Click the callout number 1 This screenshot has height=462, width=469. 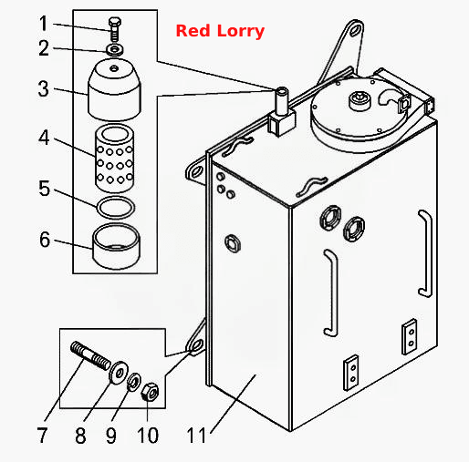click(x=44, y=24)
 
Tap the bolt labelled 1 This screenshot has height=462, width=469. click(x=115, y=29)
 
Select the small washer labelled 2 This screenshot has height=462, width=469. click(x=115, y=50)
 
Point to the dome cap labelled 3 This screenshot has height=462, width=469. click(x=114, y=89)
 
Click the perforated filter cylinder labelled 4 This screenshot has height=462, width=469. click(x=115, y=158)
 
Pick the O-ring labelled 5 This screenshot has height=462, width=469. click(x=116, y=208)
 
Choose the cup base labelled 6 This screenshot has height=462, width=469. click(x=116, y=246)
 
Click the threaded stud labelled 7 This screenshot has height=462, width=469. click(x=90, y=355)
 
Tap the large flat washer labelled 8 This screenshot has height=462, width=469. click(x=119, y=373)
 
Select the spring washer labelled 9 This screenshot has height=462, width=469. click(x=133, y=382)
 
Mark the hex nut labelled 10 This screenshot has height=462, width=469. click(x=150, y=392)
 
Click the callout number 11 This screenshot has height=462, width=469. click(x=196, y=436)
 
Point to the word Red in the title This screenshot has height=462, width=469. click(x=193, y=31)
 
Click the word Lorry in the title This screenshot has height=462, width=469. click(x=241, y=32)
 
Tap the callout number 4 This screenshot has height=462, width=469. click(x=44, y=138)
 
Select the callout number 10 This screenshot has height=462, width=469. click(x=148, y=436)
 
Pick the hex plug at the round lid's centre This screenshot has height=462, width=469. click(x=360, y=100)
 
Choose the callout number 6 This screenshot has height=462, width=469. click(x=45, y=240)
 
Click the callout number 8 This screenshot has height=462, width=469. click(x=80, y=436)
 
